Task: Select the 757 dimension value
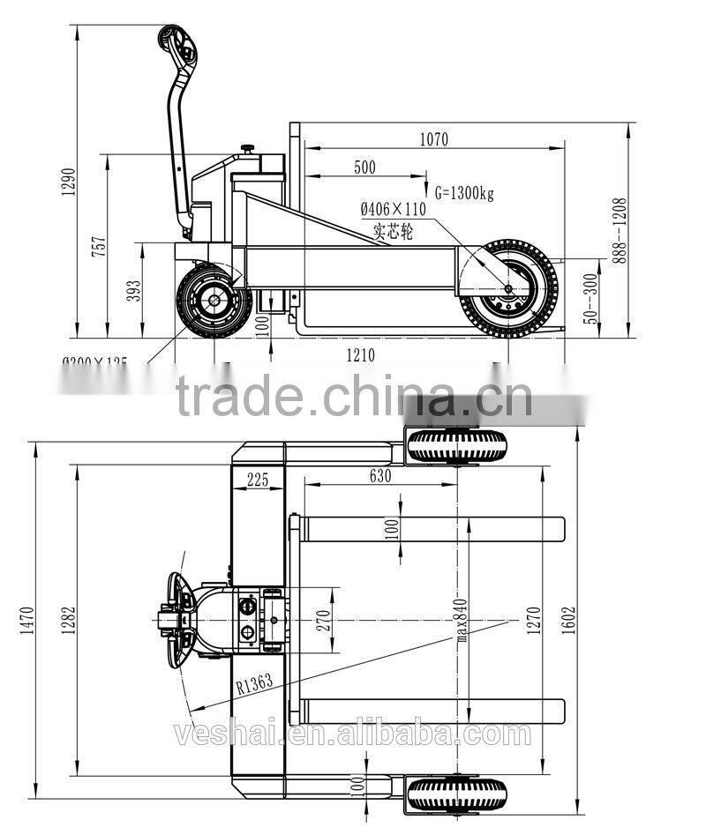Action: (99, 246)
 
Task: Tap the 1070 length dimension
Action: (433, 138)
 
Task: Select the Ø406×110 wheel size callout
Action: (393, 209)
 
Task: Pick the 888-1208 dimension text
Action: (619, 226)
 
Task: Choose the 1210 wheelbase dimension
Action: (360, 355)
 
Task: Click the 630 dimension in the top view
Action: (379, 476)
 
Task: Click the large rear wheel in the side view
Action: (508, 287)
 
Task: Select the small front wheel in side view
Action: (214, 301)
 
